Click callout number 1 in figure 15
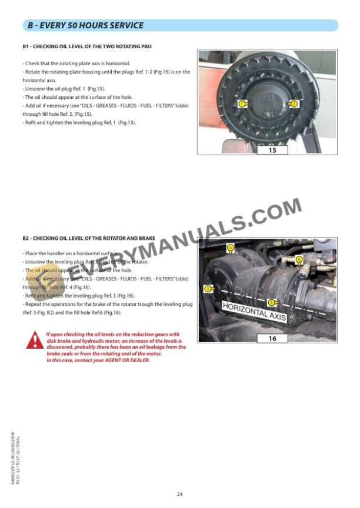[x=242, y=103]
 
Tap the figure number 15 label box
[x=272, y=150]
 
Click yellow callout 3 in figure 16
[x=207, y=289]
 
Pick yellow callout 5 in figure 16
[x=271, y=302]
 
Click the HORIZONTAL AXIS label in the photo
[x=254, y=312]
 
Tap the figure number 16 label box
[x=272, y=339]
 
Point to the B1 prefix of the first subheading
[x=26, y=46]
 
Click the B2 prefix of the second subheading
[x=26, y=238]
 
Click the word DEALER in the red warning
[x=140, y=360]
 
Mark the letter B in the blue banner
[x=31, y=25]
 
